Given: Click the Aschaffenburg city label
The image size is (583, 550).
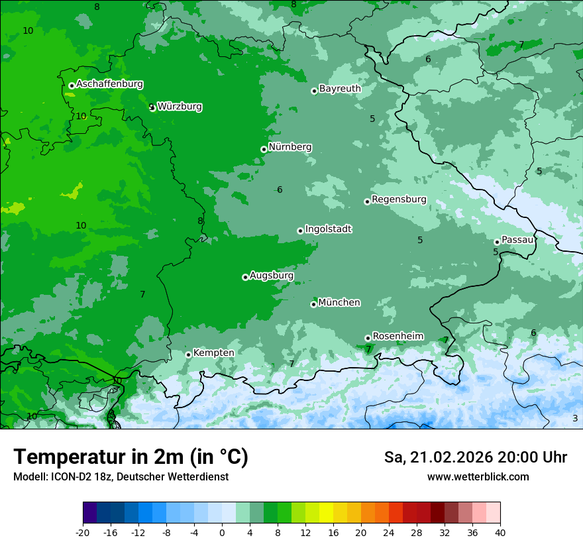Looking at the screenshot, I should [x=109, y=84].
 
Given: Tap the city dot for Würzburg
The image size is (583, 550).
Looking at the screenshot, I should [x=152, y=107].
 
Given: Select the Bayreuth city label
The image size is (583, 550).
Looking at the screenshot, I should [x=340, y=89].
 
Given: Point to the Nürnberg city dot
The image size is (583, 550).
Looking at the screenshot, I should [x=264, y=149].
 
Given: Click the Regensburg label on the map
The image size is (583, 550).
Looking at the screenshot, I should [x=399, y=199].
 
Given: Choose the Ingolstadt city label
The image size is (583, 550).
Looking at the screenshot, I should [x=328, y=229].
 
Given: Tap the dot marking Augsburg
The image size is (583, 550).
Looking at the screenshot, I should [x=245, y=277].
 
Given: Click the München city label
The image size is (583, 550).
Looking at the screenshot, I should [x=339, y=303].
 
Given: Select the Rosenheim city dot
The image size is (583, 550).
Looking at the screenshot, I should [x=368, y=338].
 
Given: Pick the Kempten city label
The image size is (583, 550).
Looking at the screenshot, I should [x=213, y=353].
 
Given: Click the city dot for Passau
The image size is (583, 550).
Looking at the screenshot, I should [x=497, y=242].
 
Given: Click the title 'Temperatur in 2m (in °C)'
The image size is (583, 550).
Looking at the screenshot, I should [x=131, y=457].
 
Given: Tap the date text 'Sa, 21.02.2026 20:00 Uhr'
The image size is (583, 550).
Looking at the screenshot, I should [x=476, y=457].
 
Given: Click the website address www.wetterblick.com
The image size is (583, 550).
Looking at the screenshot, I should [x=478, y=476].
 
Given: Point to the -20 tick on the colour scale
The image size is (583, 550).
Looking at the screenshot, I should [x=83, y=532].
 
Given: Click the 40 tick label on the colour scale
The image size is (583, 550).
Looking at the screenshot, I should [x=500, y=532].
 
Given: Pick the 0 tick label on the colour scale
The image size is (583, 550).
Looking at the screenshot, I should [x=222, y=532].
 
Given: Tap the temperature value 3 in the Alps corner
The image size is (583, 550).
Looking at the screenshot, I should [x=575, y=418].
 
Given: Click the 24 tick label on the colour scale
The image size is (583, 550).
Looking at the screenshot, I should [x=389, y=532].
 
